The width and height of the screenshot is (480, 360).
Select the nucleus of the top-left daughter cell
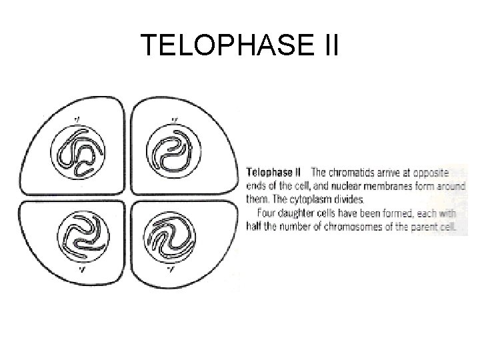point(79,157)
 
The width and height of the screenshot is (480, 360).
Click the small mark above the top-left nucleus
point(78,121)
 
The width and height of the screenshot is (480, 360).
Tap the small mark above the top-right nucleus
point(175,121)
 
